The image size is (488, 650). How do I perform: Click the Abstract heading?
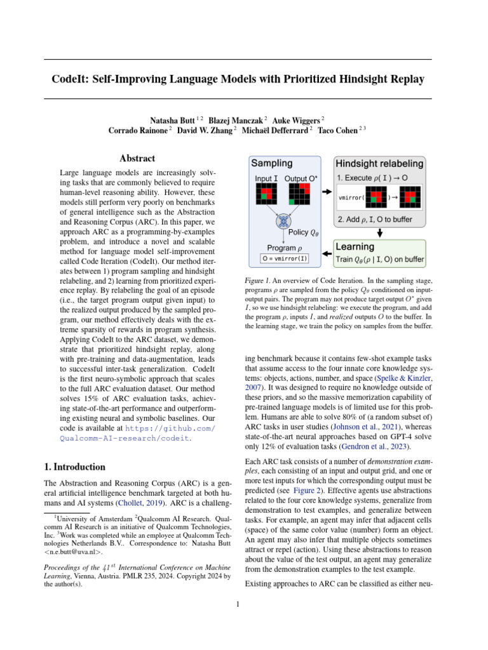137,159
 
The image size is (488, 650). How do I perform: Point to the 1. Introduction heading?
75,467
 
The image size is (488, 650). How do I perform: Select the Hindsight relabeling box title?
380,163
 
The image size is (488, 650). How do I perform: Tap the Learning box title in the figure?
355,246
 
